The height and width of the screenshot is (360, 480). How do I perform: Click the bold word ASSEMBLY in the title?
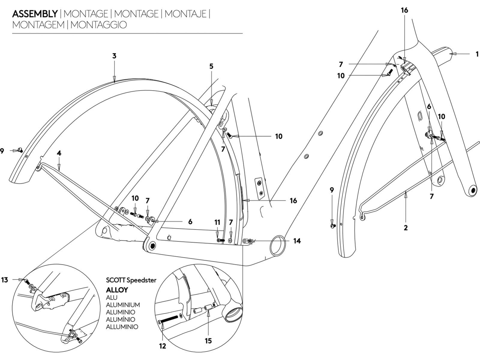(35, 14)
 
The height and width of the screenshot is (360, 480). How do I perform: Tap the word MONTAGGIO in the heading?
(99, 25)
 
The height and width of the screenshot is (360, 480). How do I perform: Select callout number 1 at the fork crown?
(477, 54)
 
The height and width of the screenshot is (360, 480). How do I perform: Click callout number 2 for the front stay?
(406, 228)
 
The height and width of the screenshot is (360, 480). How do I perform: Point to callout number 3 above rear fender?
(114, 56)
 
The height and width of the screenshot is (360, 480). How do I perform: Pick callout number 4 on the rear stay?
(59, 153)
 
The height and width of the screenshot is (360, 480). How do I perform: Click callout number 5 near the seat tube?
(211, 66)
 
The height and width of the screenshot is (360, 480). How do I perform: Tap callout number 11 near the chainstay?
(217, 222)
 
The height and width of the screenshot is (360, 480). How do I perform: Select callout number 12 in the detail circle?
(162, 346)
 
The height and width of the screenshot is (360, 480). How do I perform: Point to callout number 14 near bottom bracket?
(297, 241)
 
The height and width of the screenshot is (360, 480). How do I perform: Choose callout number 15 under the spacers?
(208, 340)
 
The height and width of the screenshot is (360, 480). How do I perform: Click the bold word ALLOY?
(117, 290)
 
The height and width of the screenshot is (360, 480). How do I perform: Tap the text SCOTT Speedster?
(131, 280)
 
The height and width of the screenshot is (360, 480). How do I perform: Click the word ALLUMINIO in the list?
(122, 327)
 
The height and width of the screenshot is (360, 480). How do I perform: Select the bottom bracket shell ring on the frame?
(277, 244)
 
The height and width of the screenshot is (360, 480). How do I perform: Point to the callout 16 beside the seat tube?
(293, 200)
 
